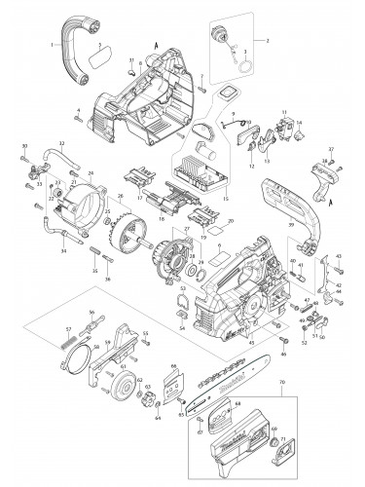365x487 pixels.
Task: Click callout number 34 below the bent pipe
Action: click(x=63, y=251)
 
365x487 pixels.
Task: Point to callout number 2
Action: click(x=269, y=14)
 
